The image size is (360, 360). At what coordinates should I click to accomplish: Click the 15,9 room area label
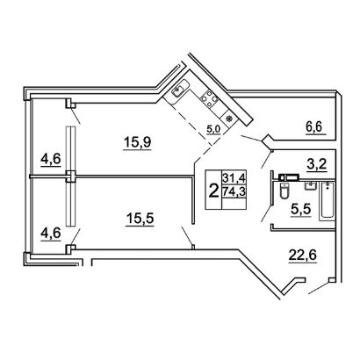(137, 142)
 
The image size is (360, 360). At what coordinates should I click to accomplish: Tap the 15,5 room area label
(140, 219)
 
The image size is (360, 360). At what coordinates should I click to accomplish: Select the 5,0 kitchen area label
(213, 129)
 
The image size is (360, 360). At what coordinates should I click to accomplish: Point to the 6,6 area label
(314, 127)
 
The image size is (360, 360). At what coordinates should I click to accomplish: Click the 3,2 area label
(316, 165)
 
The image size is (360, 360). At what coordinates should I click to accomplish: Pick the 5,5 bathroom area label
(300, 210)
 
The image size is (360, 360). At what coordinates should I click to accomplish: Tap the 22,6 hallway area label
(303, 256)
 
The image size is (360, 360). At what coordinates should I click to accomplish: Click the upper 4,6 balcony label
(51, 160)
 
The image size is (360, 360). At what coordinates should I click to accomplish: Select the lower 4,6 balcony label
(51, 234)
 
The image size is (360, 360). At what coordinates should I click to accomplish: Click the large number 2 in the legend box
(214, 191)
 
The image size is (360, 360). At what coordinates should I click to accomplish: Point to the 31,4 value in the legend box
(234, 177)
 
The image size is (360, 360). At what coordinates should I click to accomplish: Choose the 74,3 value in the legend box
(234, 192)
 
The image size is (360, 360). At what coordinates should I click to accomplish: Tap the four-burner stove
(210, 98)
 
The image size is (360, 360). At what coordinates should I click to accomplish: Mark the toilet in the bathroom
(284, 191)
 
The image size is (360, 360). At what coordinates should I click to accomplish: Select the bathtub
(328, 200)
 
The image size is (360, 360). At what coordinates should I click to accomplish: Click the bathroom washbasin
(310, 185)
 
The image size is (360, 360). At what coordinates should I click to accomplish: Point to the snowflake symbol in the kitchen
(229, 119)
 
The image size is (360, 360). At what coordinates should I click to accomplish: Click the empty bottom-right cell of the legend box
(234, 204)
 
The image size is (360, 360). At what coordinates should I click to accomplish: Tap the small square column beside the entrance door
(331, 280)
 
